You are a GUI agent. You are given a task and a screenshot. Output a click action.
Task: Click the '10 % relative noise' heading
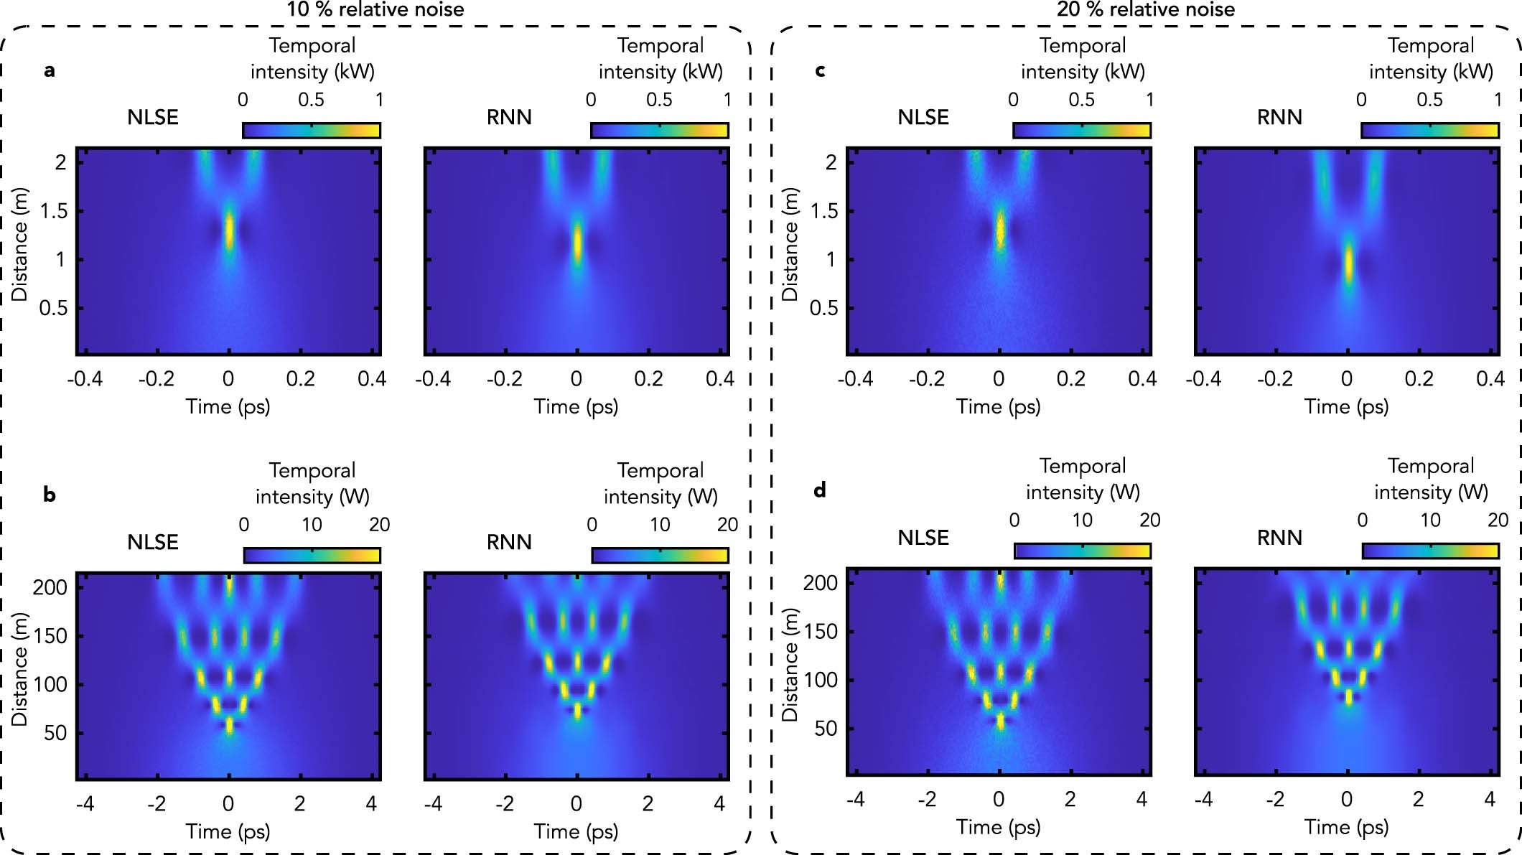point(375,9)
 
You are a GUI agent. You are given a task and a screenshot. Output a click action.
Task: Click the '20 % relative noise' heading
point(1145,9)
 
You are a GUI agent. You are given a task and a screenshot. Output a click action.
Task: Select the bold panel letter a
point(49,70)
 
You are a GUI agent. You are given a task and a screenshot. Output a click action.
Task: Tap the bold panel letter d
point(819,491)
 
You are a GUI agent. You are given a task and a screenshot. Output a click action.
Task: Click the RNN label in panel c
point(1279,117)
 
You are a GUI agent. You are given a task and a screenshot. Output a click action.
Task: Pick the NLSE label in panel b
point(152,542)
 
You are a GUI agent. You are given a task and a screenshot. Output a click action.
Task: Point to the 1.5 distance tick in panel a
point(55,211)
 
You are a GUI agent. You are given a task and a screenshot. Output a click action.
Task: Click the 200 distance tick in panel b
point(50,587)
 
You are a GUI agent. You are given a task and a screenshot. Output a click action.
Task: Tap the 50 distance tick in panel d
point(826,729)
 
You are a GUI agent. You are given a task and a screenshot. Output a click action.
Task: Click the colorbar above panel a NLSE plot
point(311,131)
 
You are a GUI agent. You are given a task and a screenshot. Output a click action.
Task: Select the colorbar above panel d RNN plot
point(1430,551)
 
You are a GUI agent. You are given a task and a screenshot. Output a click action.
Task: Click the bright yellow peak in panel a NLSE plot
point(229,231)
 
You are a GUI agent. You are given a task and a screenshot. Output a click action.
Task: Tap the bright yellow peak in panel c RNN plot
point(1348,264)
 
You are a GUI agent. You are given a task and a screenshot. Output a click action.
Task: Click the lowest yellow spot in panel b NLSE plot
point(229,725)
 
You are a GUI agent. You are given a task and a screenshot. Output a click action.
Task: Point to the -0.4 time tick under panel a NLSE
point(85,379)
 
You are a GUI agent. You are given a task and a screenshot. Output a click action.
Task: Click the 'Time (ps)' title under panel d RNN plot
point(1346,828)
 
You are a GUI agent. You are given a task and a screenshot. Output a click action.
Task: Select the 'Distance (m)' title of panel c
point(789,244)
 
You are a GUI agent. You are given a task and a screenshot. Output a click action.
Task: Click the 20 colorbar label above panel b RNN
point(727,525)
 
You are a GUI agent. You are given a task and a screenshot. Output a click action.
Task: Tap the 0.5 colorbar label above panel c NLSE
point(1081,100)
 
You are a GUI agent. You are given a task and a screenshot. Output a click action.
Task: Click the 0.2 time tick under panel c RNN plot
point(1419,379)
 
